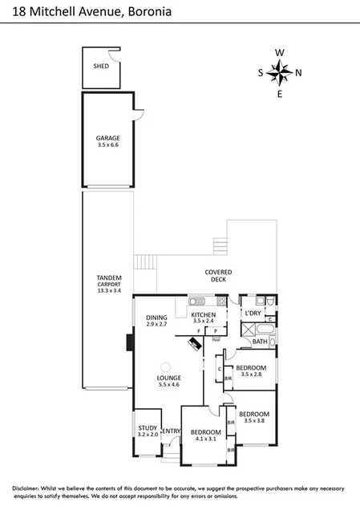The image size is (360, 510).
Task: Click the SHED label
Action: click(x=101, y=67)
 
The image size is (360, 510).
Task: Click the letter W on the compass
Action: click(x=280, y=53)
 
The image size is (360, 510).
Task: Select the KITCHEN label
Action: click(x=203, y=314)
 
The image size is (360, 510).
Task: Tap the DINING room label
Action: click(x=156, y=318)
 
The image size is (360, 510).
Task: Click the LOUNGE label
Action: click(x=169, y=378)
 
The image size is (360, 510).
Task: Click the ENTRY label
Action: click(x=171, y=432)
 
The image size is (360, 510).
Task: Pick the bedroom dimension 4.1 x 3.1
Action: click(x=206, y=439)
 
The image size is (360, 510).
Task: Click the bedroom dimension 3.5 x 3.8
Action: click(x=254, y=420)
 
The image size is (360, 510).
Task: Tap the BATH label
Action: click(x=260, y=342)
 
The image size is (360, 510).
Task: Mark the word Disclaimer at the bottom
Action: click(x=30, y=488)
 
